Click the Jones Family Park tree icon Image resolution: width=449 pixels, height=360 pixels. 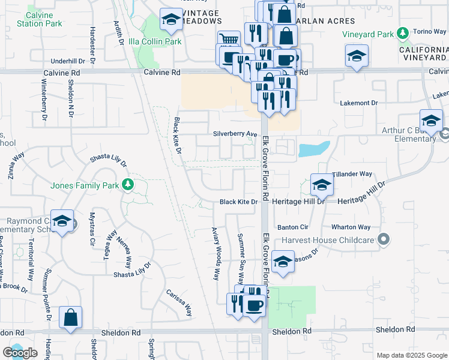tap(127, 183)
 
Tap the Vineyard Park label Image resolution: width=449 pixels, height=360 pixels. tap(367, 34)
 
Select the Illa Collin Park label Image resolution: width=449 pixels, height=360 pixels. tap(155, 41)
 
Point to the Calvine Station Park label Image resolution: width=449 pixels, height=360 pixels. tap(39, 20)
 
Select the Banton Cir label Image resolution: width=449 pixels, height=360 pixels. tap(292, 227)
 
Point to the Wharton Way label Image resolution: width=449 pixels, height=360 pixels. tap(351, 227)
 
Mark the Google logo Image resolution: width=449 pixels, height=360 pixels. tap(20, 353)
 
